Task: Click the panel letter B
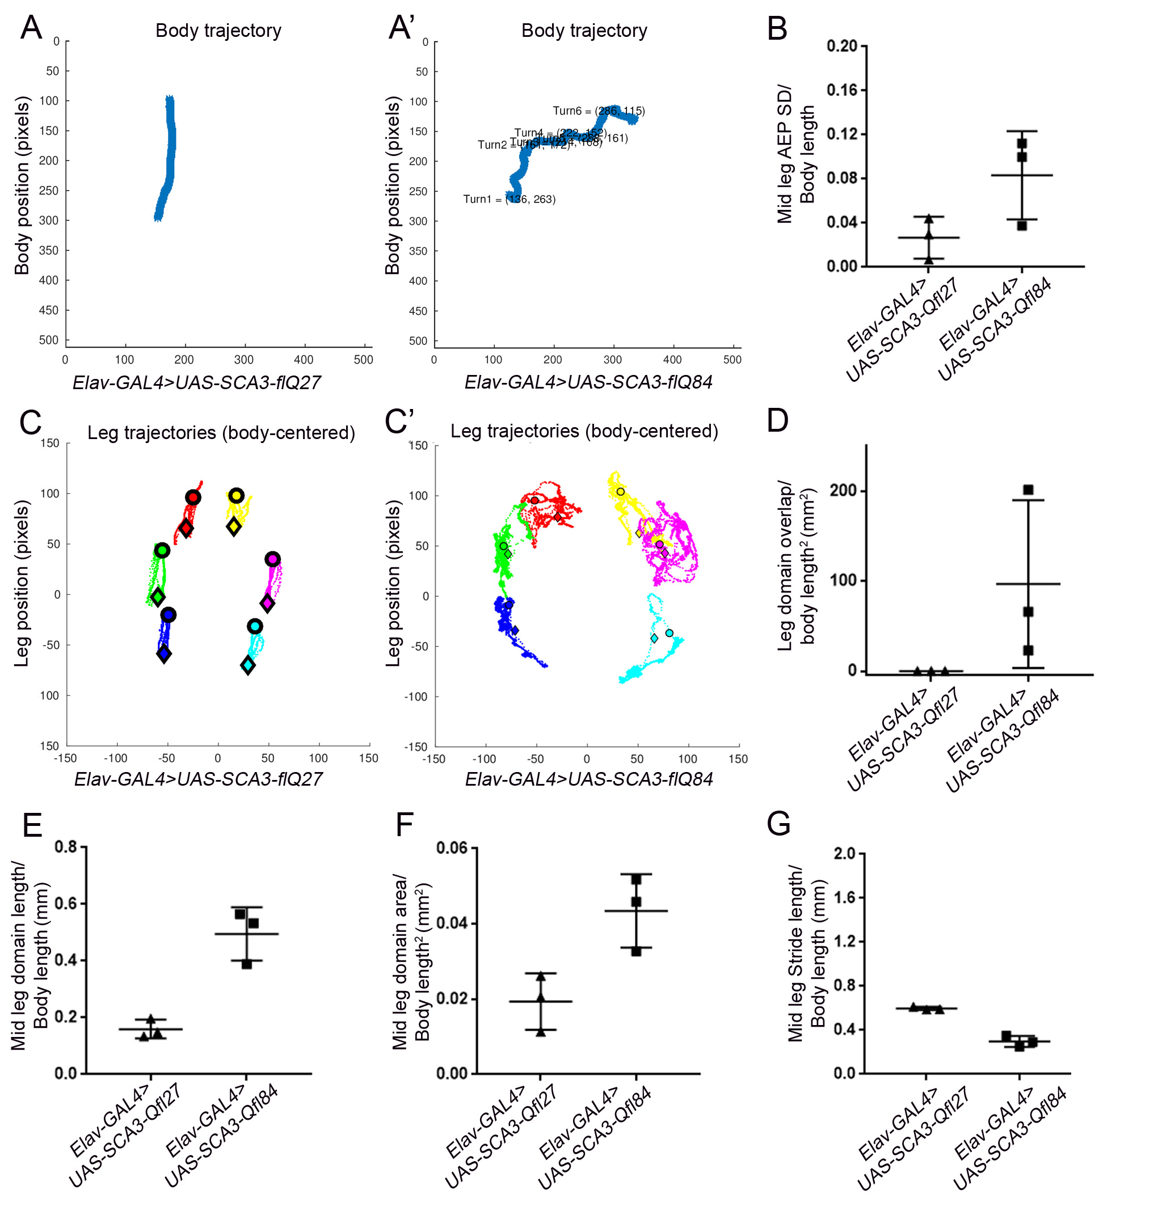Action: coord(777,29)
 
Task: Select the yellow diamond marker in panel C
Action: coord(233,526)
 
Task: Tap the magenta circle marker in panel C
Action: coord(272,559)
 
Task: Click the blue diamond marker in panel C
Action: coord(163,654)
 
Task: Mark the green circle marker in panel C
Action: coord(162,550)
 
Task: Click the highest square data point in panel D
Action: coord(1028,490)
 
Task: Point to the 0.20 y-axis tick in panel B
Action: coord(842,46)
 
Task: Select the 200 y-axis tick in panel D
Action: coord(843,491)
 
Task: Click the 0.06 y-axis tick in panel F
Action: coord(452,848)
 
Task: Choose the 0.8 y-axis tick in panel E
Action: coord(66,847)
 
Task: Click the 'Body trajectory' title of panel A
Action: coord(218,31)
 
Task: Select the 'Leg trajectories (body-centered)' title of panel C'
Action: coord(584,431)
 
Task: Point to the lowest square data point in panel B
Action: coord(1022,226)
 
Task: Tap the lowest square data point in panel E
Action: coord(247,964)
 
